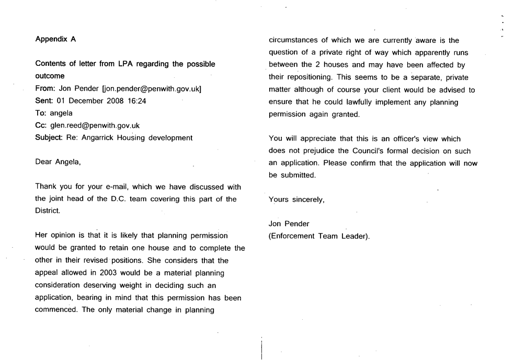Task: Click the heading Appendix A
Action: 55,39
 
